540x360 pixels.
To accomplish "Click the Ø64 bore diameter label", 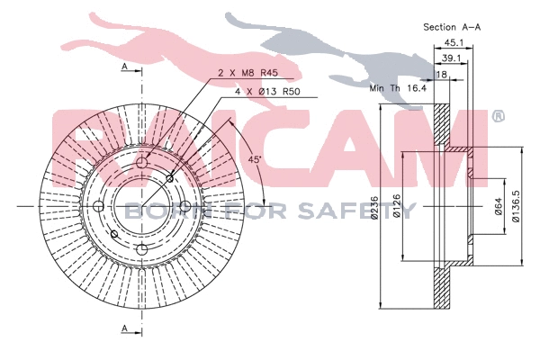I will click(x=498, y=209).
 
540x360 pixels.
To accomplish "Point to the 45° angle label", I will click(x=256, y=160).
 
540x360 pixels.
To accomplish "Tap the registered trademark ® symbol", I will click(x=497, y=116).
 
